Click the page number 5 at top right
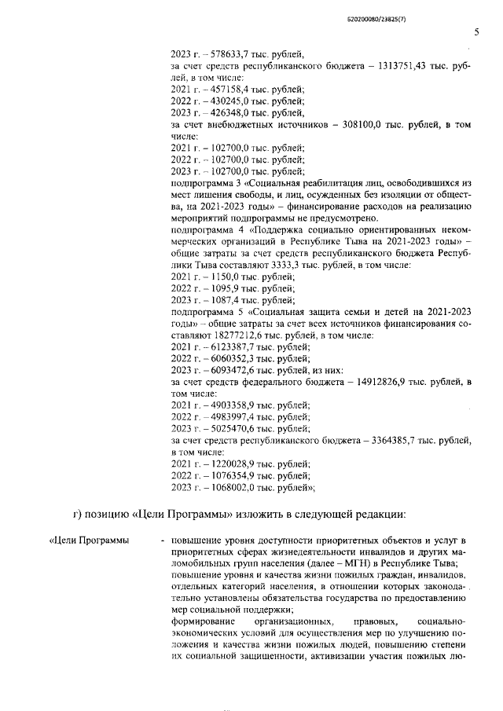(476, 32)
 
